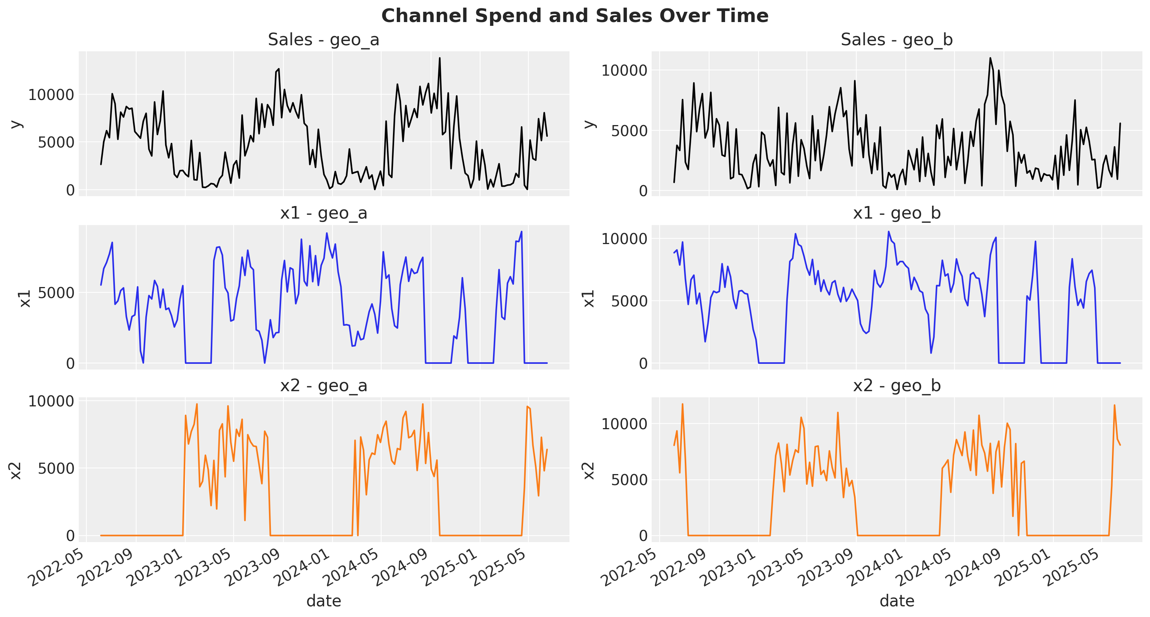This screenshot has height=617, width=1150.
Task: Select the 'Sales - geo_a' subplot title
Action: click(323, 40)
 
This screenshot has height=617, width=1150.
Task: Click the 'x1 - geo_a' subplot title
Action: click(323, 213)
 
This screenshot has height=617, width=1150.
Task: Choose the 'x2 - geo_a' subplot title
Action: click(323, 385)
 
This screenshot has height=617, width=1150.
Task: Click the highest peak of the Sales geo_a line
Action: click(439, 58)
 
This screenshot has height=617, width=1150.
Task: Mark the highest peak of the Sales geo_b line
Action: click(990, 58)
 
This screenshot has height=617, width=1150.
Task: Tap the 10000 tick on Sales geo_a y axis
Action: click(51, 95)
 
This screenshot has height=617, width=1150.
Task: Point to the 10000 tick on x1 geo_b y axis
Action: click(624, 239)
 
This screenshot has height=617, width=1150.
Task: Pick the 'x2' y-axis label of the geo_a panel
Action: click(16, 471)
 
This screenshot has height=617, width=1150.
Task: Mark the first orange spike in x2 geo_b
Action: click(682, 404)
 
